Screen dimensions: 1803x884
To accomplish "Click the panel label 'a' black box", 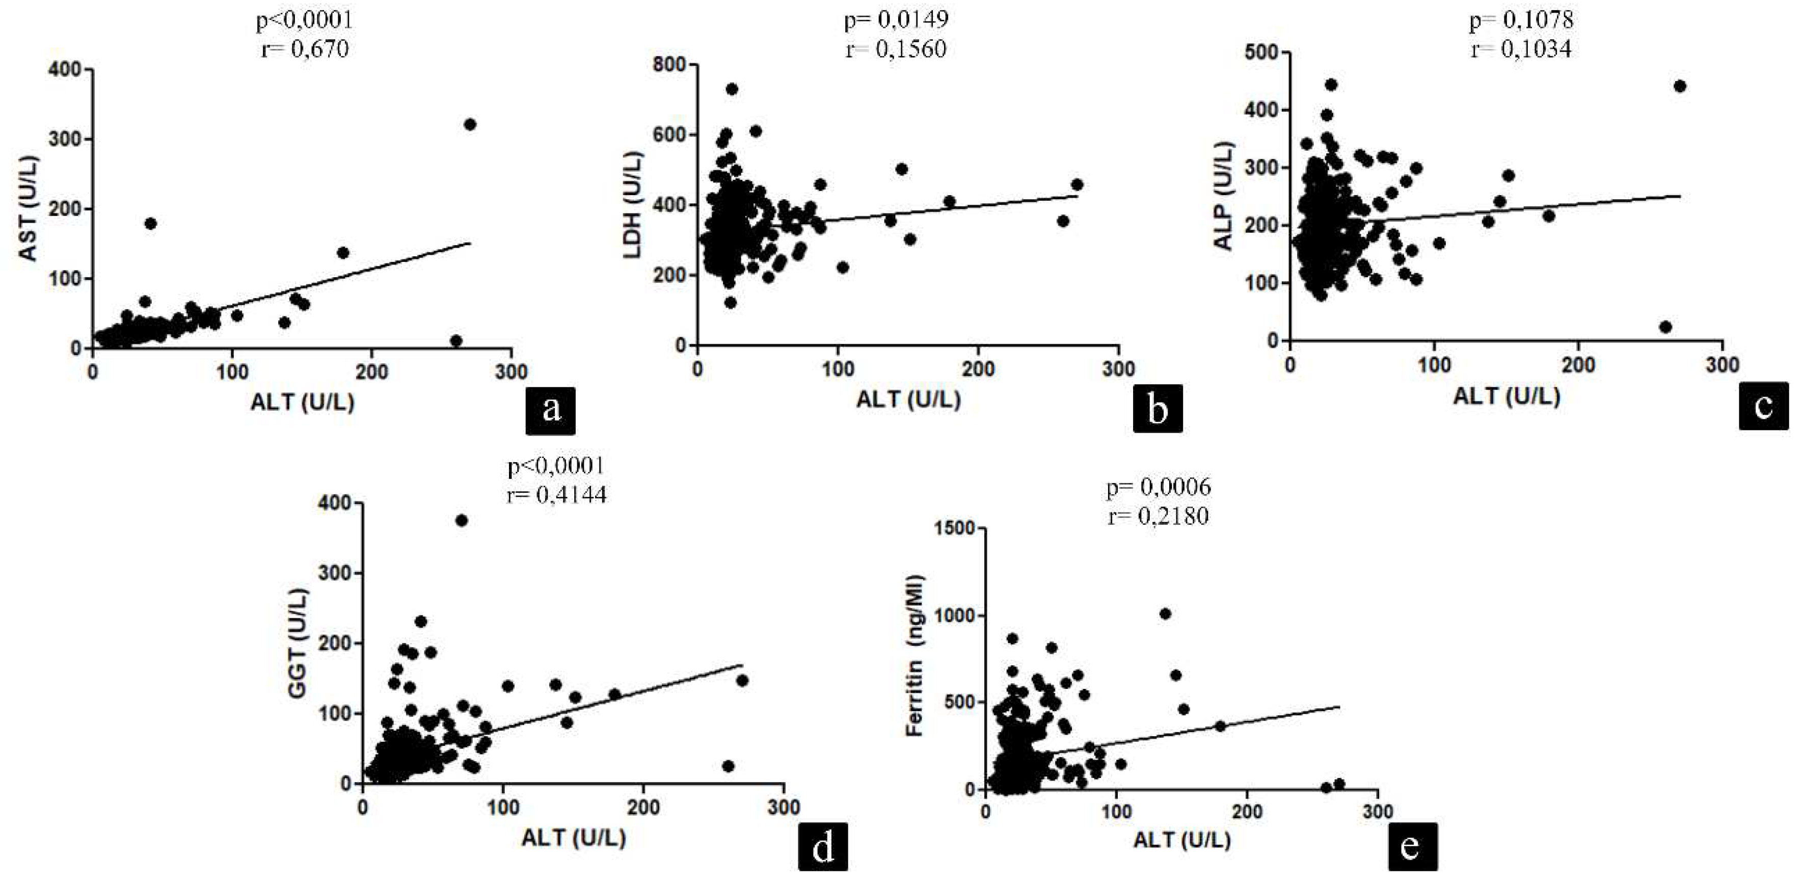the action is point(551,410).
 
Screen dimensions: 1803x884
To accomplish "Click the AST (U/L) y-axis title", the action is point(29,208).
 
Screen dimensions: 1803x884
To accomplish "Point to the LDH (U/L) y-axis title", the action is point(632,204).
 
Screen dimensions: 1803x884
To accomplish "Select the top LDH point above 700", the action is point(732,89).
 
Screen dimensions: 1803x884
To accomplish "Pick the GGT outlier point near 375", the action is point(461,521).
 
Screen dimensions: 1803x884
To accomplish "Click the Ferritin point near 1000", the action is point(1165,614).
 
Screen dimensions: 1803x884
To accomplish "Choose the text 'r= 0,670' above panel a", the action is point(305,49).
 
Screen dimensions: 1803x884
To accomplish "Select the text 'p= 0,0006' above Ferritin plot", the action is point(1159,487).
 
